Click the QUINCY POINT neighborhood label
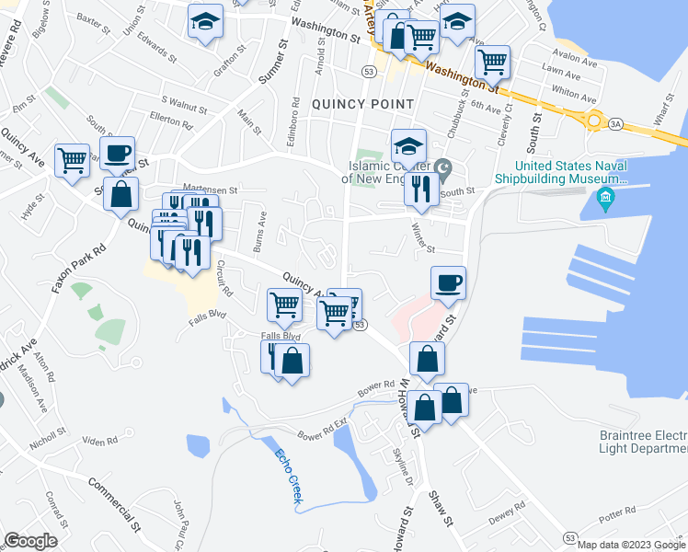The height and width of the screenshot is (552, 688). (362, 104)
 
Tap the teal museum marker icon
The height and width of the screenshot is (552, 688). (606, 197)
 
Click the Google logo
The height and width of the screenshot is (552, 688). (31, 540)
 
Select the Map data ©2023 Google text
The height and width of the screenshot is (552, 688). (632, 544)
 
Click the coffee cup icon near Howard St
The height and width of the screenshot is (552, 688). (449, 282)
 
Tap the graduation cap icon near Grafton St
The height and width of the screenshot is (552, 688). (206, 19)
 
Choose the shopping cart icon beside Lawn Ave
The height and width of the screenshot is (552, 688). (493, 62)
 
